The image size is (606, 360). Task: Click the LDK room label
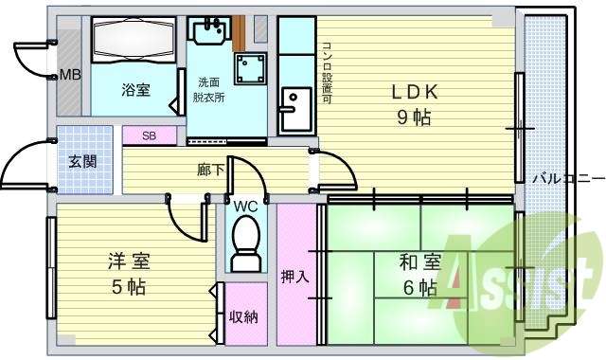pyautogui.click(x=415, y=92)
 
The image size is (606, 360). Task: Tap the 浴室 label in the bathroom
pyautogui.click(x=134, y=91)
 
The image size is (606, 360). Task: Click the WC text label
pyautogui.click(x=246, y=206)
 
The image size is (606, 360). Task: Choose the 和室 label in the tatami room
pyautogui.click(x=419, y=261)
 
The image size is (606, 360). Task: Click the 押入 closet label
pyautogui.click(x=294, y=277)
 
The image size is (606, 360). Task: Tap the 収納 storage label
pyautogui.click(x=244, y=316)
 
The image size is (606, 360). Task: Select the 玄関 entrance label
pyautogui.click(x=81, y=161)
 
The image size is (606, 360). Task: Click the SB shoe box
pyautogui.click(x=150, y=135)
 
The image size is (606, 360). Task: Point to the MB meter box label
pyautogui.click(x=69, y=75)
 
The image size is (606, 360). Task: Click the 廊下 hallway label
pyautogui.click(x=210, y=171)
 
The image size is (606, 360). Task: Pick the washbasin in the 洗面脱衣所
pyautogui.click(x=207, y=31)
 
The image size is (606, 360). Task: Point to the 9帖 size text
pyautogui.click(x=414, y=118)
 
